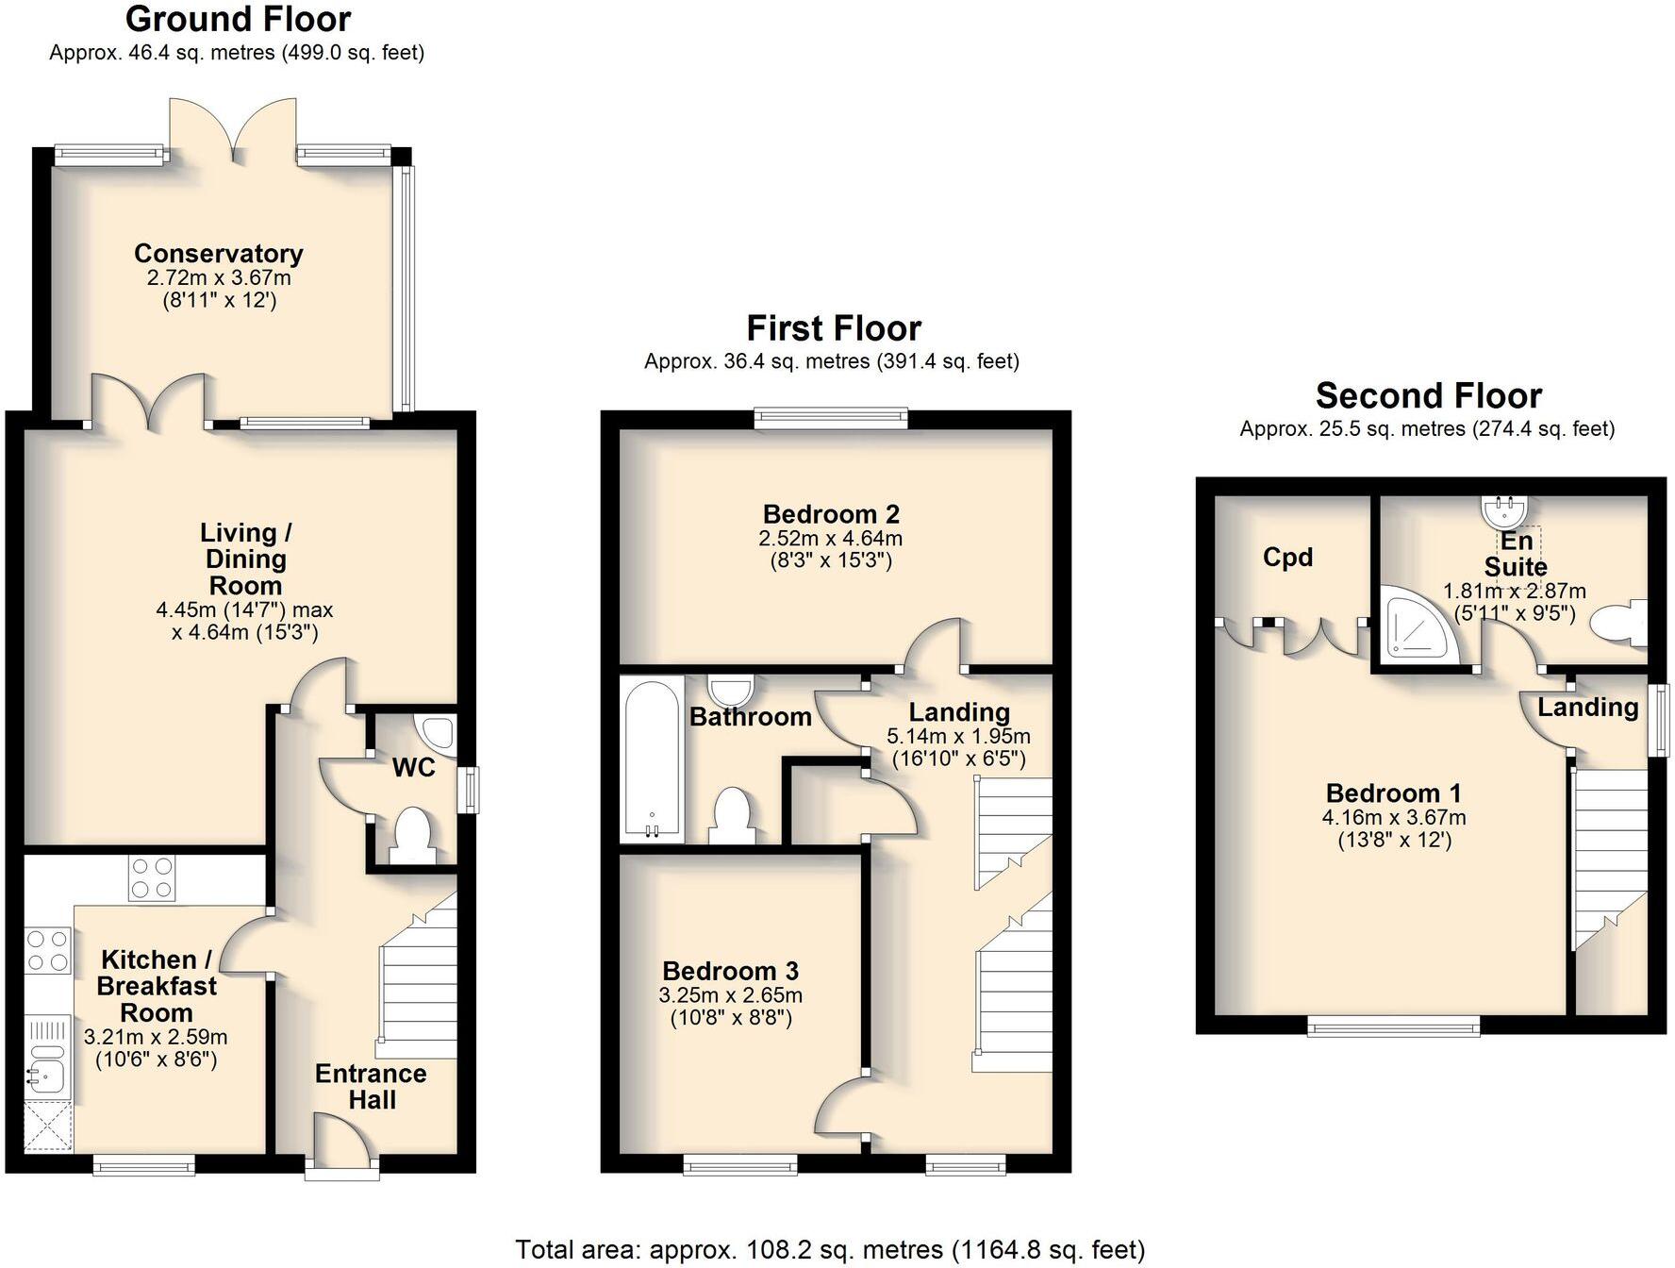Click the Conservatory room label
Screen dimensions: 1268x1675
pos(218,254)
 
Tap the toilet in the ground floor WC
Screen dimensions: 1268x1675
pos(412,833)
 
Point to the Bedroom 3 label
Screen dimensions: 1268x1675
pos(730,971)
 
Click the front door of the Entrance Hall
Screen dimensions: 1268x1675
pos(341,1143)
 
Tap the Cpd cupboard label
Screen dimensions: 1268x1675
pos(1287,558)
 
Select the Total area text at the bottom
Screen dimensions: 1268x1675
pos(830,1250)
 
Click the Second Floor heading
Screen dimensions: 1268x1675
pos(1428,395)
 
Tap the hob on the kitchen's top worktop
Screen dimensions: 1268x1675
pos(151,877)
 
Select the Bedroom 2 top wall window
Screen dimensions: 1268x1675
pos(830,419)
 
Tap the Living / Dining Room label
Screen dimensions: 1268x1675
pos(244,559)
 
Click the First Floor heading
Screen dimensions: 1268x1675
pos(833,328)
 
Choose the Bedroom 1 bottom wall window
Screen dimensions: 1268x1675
pos(1393,1026)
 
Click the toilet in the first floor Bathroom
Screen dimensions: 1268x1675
pos(731,814)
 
